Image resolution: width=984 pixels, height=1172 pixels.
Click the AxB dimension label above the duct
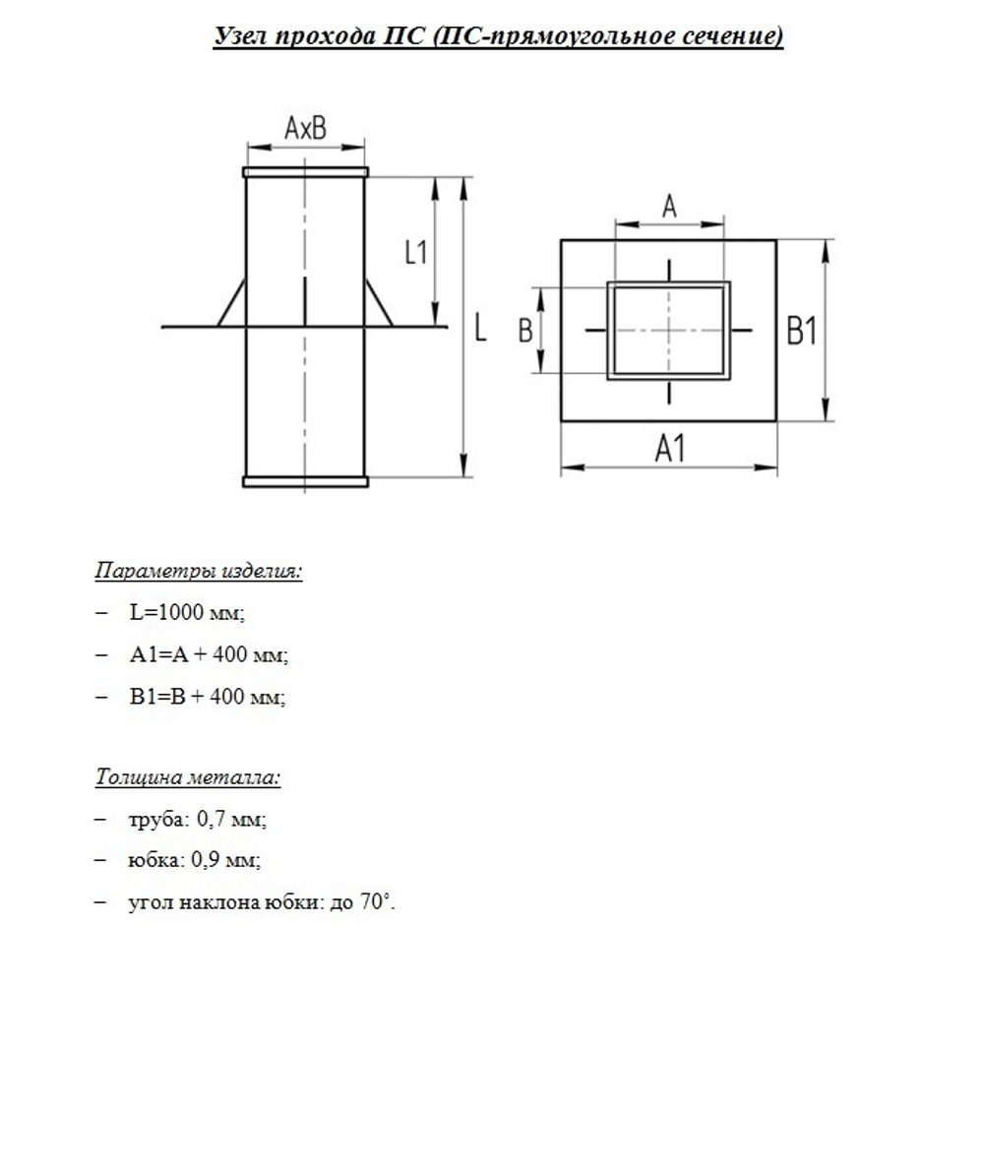[x=305, y=128]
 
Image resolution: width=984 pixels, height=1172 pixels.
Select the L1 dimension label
[x=417, y=252]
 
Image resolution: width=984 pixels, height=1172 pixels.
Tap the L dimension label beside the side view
[x=480, y=328]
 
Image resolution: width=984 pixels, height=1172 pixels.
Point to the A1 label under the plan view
[x=670, y=449]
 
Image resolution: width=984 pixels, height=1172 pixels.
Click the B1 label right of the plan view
[x=801, y=333]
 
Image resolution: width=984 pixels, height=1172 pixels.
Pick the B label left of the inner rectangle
[x=525, y=331]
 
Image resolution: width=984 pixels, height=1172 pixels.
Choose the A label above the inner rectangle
[x=669, y=207]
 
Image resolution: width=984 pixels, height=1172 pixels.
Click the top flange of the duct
[x=305, y=172]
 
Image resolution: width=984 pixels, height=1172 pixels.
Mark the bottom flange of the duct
[x=305, y=481]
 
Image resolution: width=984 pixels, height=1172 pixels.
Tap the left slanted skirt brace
[x=232, y=302]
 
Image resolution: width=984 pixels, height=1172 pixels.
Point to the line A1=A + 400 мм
[x=209, y=654]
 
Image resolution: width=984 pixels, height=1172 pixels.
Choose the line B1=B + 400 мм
[x=208, y=697]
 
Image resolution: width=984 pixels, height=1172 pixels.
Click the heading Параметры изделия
[x=199, y=571]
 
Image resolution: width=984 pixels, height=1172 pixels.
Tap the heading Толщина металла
[x=188, y=777]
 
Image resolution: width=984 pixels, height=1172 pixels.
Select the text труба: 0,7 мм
[x=198, y=819]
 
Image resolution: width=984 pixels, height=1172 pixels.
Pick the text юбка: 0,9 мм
[x=195, y=860]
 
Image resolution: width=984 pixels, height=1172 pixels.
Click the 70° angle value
[x=376, y=902]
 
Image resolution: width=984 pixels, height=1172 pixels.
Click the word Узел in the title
[x=241, y=36]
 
